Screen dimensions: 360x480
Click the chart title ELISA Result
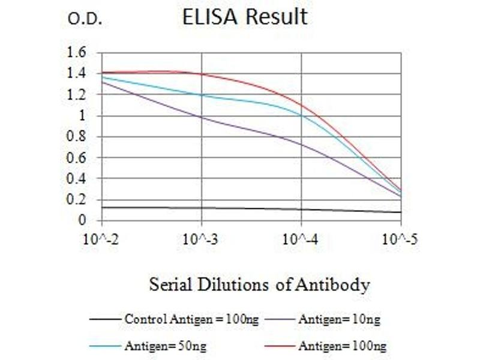(x=245, y=17)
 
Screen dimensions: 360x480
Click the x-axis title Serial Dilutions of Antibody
(x=259, y=284)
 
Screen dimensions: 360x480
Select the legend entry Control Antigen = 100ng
(x=191, y=319)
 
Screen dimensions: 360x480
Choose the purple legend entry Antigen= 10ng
(x=339, y=319)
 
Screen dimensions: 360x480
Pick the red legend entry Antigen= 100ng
(x=342, y=346)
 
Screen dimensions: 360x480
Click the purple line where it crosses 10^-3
(x=202, y=118)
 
